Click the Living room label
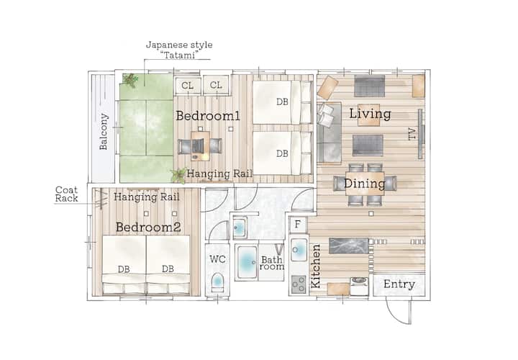[x=370, y=114]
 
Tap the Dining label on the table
[x=364, y=184]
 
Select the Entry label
[x=399, y=284]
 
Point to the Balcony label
[x=104, y=132]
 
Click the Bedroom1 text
[x=208, y=116]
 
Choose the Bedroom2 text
[x=148, y=227]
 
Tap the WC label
[x=218, y=259]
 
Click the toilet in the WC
[x=217, y=282]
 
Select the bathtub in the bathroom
[x=247, y=263]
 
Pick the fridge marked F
[x=298, y=225]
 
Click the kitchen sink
[x=299, y=251]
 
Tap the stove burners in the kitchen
[x=299, y=284]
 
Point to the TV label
[x=412, y=134]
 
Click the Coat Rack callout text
[x=66, y=194]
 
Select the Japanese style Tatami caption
[x=179, y=50]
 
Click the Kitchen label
[x=316, y=266]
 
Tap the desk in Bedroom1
[x=200, y=145]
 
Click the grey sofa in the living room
[x=330, y=133]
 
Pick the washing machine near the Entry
[x=359, y=287]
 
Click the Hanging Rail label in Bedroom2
[x=146, y=197]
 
